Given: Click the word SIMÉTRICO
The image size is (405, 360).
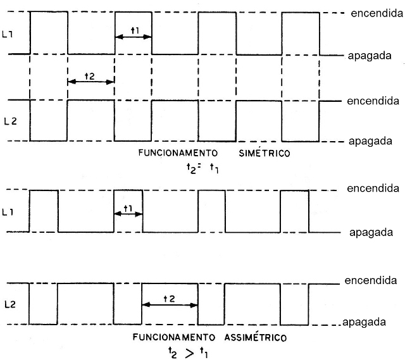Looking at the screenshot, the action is (265, 153).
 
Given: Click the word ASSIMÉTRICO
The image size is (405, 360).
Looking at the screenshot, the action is (256, 337).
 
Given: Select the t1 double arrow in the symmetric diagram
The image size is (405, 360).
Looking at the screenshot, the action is (134, 37).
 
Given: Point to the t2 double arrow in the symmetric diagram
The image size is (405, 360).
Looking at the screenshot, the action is (90, 82).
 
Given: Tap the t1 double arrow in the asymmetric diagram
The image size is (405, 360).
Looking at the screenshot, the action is (128, 214).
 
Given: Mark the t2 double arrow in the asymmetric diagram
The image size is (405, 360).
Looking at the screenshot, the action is (170, 305).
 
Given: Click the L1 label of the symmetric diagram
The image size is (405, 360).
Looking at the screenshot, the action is (7, 34).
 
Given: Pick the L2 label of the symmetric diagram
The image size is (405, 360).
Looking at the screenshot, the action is (10, 121).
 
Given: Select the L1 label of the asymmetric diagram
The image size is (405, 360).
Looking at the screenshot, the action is (8, 213).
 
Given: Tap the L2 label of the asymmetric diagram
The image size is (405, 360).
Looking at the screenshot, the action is (10, 304).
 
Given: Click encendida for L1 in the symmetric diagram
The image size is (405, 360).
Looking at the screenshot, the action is (377, 13).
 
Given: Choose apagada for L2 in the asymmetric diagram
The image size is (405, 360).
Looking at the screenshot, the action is (364, 322).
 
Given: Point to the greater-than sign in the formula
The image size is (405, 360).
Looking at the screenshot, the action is (190, 354).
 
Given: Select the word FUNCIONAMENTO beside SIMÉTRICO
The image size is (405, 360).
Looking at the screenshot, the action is (178, 153).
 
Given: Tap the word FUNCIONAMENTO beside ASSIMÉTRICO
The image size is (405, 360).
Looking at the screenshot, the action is (174, 337).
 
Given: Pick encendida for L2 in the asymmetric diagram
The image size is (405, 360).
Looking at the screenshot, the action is (371, 280).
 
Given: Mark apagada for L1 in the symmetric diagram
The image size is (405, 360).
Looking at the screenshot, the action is (370, 56).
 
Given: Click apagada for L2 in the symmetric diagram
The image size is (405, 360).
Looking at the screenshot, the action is (370, 141).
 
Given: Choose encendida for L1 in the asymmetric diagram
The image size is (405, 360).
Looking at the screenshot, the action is (373, 189).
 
